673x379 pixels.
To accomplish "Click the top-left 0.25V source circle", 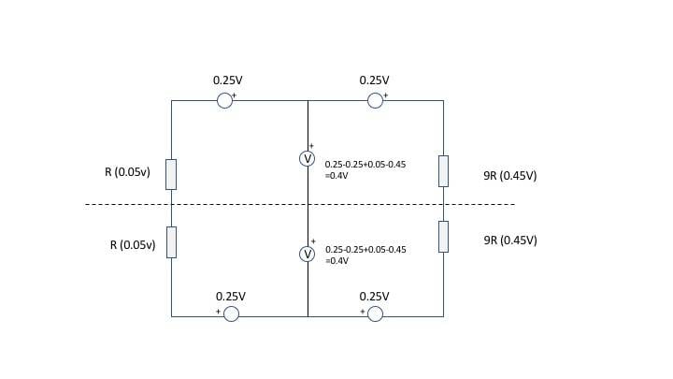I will (x=224, y=100).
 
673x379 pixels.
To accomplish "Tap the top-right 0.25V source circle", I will (x=375, y=100).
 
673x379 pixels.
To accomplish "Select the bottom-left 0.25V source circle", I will (x=231, y=314).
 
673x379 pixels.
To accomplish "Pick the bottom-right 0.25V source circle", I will (x=375, y=314).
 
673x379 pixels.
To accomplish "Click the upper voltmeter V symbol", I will (x=307, y=159).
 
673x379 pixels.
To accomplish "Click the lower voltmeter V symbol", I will (x=307, y=254).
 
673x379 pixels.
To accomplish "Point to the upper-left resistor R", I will (x=171, y=174).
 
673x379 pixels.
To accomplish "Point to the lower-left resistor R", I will (x=171, y=241).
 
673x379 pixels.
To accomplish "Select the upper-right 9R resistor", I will (x=443, y=171).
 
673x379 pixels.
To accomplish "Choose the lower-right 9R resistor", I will (x=443, y=237).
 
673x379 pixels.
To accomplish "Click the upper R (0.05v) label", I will (x=127, y=172).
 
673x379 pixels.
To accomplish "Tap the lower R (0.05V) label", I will (x=132, y=245).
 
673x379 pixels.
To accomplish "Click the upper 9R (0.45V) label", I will (x=510, y=175).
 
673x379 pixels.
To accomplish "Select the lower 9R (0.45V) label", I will (x=510, y=241).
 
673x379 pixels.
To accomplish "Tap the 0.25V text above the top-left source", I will (x=227, y=80).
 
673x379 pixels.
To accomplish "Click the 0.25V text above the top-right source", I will (x=374, y=80).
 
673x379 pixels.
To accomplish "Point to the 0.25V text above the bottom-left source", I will (x=231, y=296).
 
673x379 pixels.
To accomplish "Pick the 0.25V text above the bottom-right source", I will (x=374, y=296).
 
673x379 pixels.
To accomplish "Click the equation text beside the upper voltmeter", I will (x=365, y=169).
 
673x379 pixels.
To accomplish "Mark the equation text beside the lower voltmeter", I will (x=365, y=255).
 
